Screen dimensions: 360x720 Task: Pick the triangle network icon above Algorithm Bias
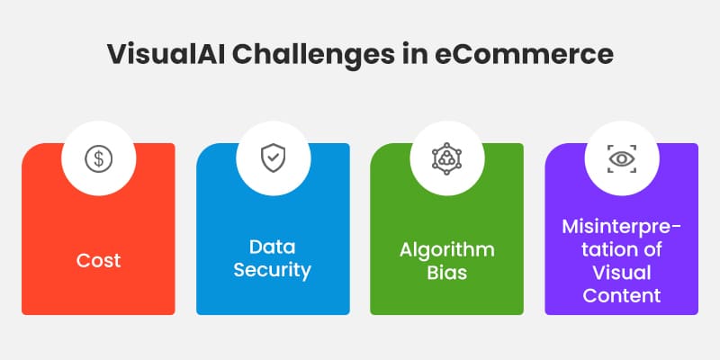[446, 159]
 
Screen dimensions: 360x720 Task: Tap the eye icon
[621, 159]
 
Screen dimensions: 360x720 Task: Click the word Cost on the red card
[97, 261]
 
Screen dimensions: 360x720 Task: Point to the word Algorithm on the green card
[446, 248]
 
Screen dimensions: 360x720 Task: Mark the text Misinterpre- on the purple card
[621, 226]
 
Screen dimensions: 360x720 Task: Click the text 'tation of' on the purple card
[621, 248]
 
